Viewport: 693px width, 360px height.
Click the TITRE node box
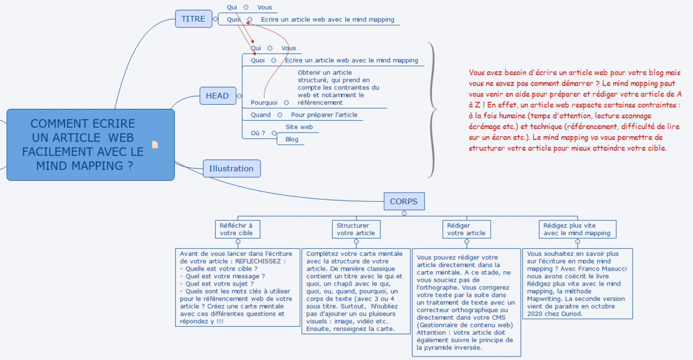click(193, 19)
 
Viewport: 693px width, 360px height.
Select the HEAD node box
click(217, 95)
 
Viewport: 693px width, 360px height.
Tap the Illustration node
click(231, 169)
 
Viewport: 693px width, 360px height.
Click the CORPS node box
click(403, 201)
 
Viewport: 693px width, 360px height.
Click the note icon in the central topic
click(155, 144)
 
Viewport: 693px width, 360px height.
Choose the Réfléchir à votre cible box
click(236, 229)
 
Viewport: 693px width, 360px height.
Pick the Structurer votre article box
click(355, 229)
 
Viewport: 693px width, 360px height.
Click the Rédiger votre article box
click(466, 229)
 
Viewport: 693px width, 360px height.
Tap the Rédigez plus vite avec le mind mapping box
click(577, 229)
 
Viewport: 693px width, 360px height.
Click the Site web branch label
click(299, 127)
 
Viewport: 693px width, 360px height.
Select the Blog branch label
click(292, 139)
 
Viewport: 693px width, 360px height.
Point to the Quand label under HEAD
click(261, 115)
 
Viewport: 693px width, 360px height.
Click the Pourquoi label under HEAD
click(264, 102)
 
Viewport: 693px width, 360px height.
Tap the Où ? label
click(258, 133)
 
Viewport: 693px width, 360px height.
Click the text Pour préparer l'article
click(324, 115)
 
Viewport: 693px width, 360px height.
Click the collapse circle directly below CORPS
click(404, 213)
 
